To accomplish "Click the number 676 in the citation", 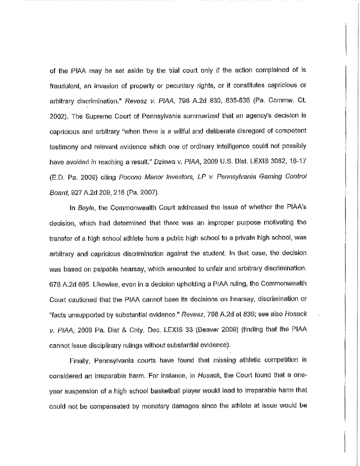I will coord(55,284).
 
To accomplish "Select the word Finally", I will coord(79,361).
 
